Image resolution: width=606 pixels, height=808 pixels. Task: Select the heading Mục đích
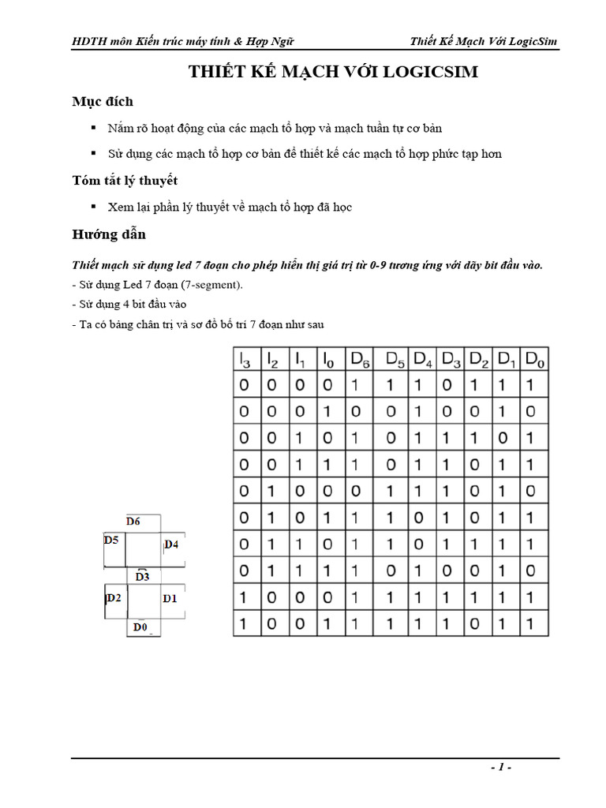click(x=103, y=101)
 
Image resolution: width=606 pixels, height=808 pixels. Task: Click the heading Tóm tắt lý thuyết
click(x=125, y=181)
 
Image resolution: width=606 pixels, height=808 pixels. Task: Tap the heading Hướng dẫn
click(x=109, y=234)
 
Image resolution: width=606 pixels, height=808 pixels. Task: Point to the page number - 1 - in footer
click(x=501, y=767)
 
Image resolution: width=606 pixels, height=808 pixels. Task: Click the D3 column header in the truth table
click(x=451, y=360)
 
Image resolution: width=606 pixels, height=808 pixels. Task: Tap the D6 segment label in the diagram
click(x=133, y=521)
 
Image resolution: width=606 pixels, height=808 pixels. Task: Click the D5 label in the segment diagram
click(x=111, y=541)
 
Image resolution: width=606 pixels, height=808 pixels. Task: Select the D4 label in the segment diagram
click(x=171, y=544)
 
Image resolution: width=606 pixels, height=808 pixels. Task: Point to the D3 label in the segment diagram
click(x=142, y=576)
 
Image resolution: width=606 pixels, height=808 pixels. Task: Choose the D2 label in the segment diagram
click(x=114, y=597)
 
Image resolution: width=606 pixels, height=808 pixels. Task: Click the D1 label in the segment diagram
click(x=170, y=598)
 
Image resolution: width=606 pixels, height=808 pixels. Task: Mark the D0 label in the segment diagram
click(x=140, y=627)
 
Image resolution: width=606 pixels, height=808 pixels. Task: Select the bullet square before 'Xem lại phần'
click(x=93, y=207)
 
